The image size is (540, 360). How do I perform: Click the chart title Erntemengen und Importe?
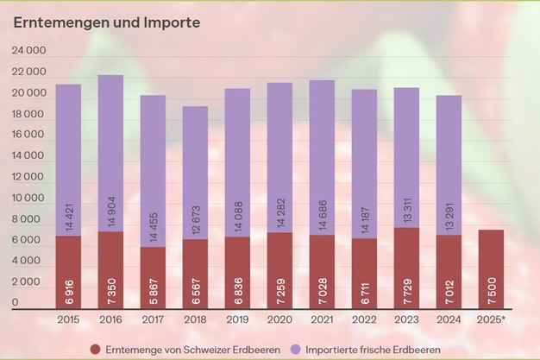106,22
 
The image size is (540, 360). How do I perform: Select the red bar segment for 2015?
68,272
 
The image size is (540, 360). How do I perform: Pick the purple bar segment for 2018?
195,173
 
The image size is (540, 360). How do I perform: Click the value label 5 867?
153,294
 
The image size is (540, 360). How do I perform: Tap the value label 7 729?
407,294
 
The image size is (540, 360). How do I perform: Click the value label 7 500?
492,294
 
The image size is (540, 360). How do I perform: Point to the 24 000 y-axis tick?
28,52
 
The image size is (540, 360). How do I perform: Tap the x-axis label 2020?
279,321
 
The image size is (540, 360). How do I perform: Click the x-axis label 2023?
407,321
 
